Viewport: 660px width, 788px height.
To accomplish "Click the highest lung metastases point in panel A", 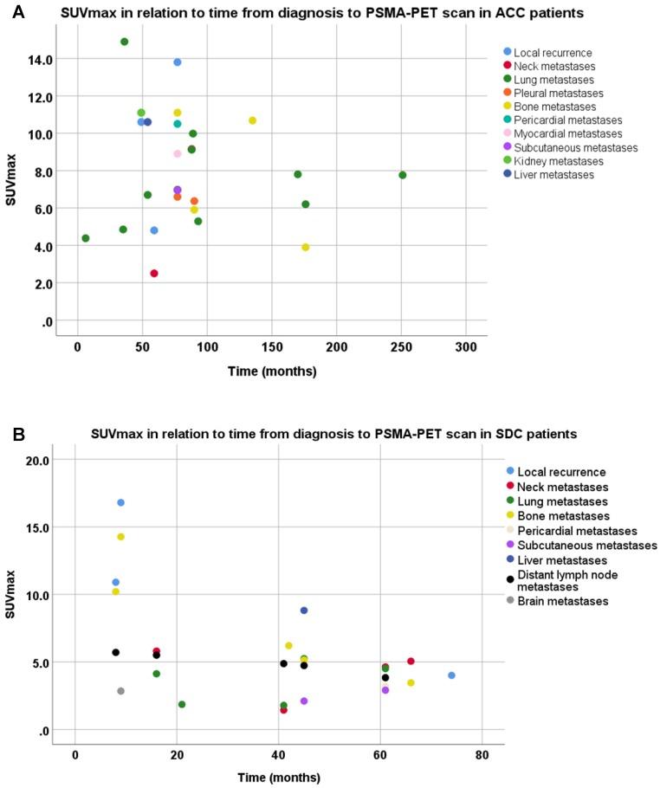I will click(x=124, y=42).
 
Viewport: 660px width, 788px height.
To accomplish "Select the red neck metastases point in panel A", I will click(x=154, y=274).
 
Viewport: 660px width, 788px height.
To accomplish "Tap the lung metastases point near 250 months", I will click(x=402, y=175).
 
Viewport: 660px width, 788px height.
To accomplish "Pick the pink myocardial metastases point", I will click(x=178, y=154).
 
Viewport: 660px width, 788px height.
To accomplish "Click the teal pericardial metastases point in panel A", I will click(x=178, y=124).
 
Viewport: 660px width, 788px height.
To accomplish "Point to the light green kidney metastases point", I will click(x=141, y=113).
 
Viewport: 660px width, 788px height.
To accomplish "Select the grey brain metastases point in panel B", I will click(x=120, y=691).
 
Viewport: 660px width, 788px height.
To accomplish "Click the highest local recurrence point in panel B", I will click(x=121, y=502).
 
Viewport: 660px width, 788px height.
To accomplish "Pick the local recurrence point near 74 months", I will click(x=451, y=675).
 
